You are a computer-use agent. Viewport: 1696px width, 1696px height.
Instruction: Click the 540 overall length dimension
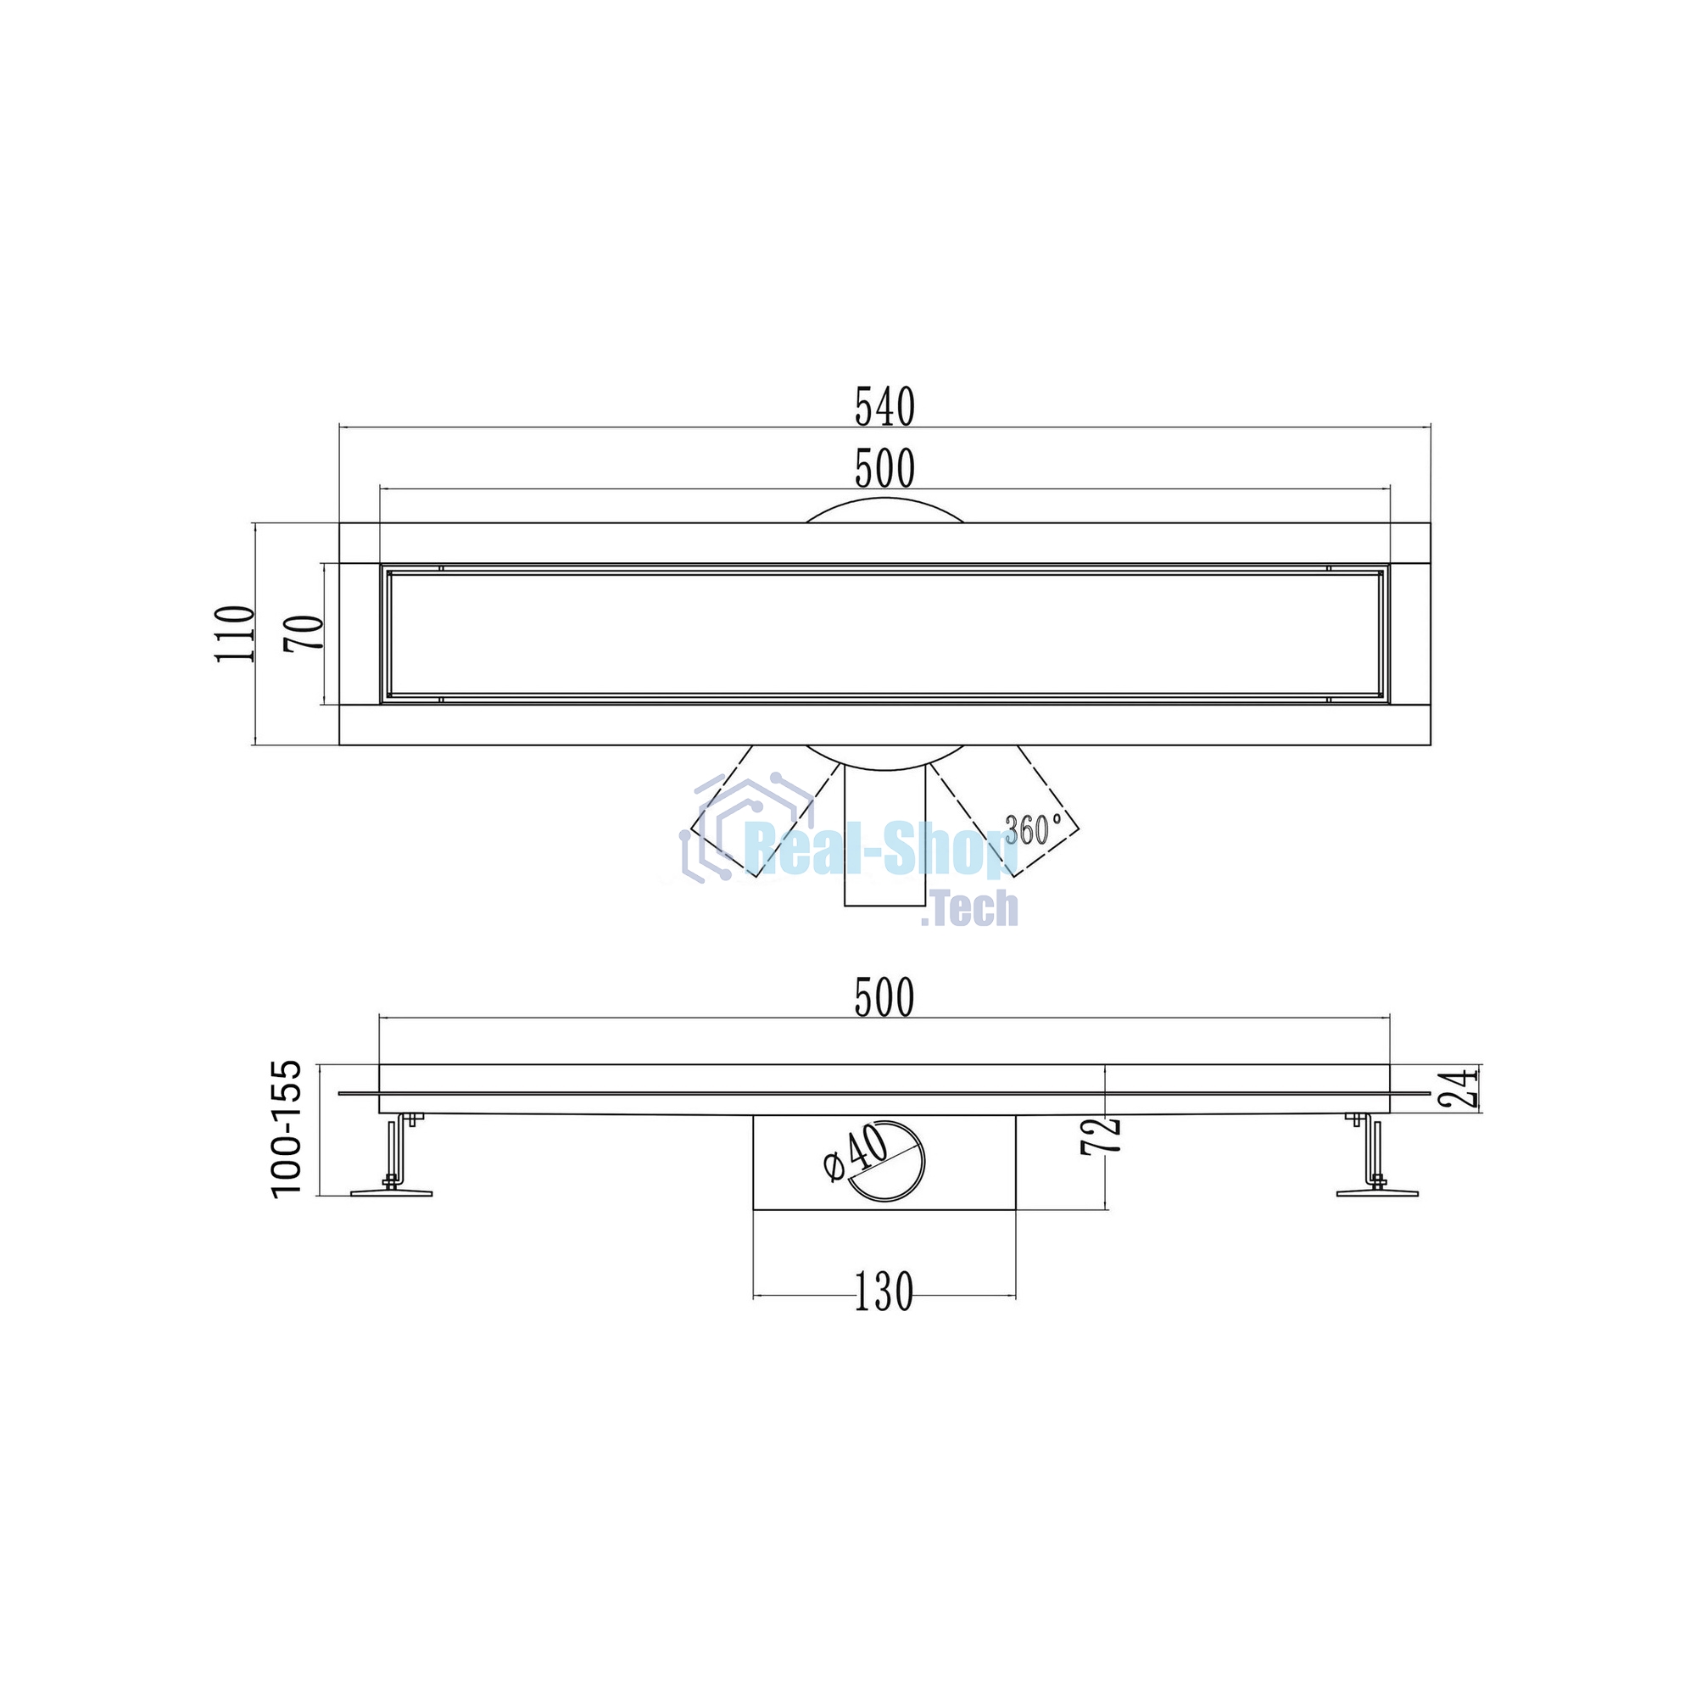point(884,407)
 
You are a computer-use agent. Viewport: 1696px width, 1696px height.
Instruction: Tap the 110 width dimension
point(235,633)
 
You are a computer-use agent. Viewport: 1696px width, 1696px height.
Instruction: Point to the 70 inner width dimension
point(304,633)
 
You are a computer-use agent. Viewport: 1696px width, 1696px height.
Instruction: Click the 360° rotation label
point(1033,828)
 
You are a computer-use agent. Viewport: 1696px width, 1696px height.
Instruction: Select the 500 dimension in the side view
point(884,998)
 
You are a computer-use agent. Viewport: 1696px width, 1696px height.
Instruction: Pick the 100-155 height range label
point(286,1128)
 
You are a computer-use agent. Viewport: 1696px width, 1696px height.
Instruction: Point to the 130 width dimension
point(884,1292)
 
